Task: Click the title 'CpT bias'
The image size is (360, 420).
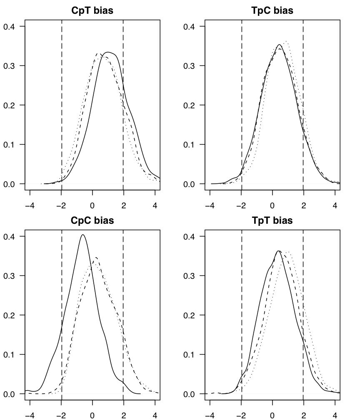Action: (x=92, y=11)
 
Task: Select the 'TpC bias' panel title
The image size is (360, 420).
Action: (x=272, y=11)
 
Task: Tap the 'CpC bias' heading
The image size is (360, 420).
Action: (x=92, y=220)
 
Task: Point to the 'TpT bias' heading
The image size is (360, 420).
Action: (x=272, y=220)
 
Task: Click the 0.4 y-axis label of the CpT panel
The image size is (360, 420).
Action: (x=10, y=27)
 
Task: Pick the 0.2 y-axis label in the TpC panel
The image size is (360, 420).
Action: (x=190, y=105)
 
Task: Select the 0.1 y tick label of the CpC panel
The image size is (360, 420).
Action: (x=10, y=355)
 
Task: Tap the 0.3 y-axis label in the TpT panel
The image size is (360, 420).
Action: (x=190, y=276)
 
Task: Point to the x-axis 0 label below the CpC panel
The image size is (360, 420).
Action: (x=92, y=415)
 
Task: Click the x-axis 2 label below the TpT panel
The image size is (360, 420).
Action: (x=304, y=415)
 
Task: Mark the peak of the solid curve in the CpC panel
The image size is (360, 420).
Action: (x=83, y=235)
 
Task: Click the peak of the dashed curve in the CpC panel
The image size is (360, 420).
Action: (x=96, y=257)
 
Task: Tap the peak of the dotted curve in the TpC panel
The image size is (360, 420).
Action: (x=286, y=41)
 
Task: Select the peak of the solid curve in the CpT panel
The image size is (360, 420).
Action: (x=108, y=52)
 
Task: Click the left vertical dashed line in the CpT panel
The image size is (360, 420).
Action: (x=62, y=104)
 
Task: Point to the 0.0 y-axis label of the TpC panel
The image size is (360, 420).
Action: (x=190, y=184)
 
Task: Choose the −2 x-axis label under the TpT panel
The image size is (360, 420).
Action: (x=240, y=415)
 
